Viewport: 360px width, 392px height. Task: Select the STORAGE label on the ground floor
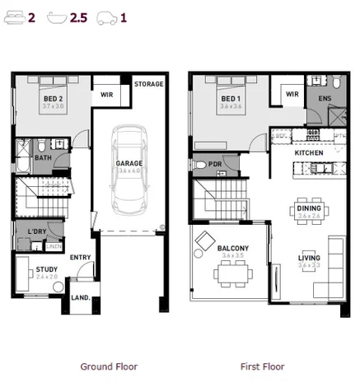click(x=148, y=84)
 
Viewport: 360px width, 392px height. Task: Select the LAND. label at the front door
click(x=81, y=297)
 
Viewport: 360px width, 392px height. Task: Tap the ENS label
click(x=325, y=98)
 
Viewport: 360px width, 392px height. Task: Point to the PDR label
click(x=215, y=165)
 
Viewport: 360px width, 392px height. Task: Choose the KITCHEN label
click(x=309, y=153)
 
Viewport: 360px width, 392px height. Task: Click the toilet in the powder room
click(x=199, y=165)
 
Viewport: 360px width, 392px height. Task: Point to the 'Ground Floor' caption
click(x=109, y=366)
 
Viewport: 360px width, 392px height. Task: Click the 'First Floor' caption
click(x=262, y=366)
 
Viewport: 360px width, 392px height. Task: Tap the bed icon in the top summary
click(x=14, y=16)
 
